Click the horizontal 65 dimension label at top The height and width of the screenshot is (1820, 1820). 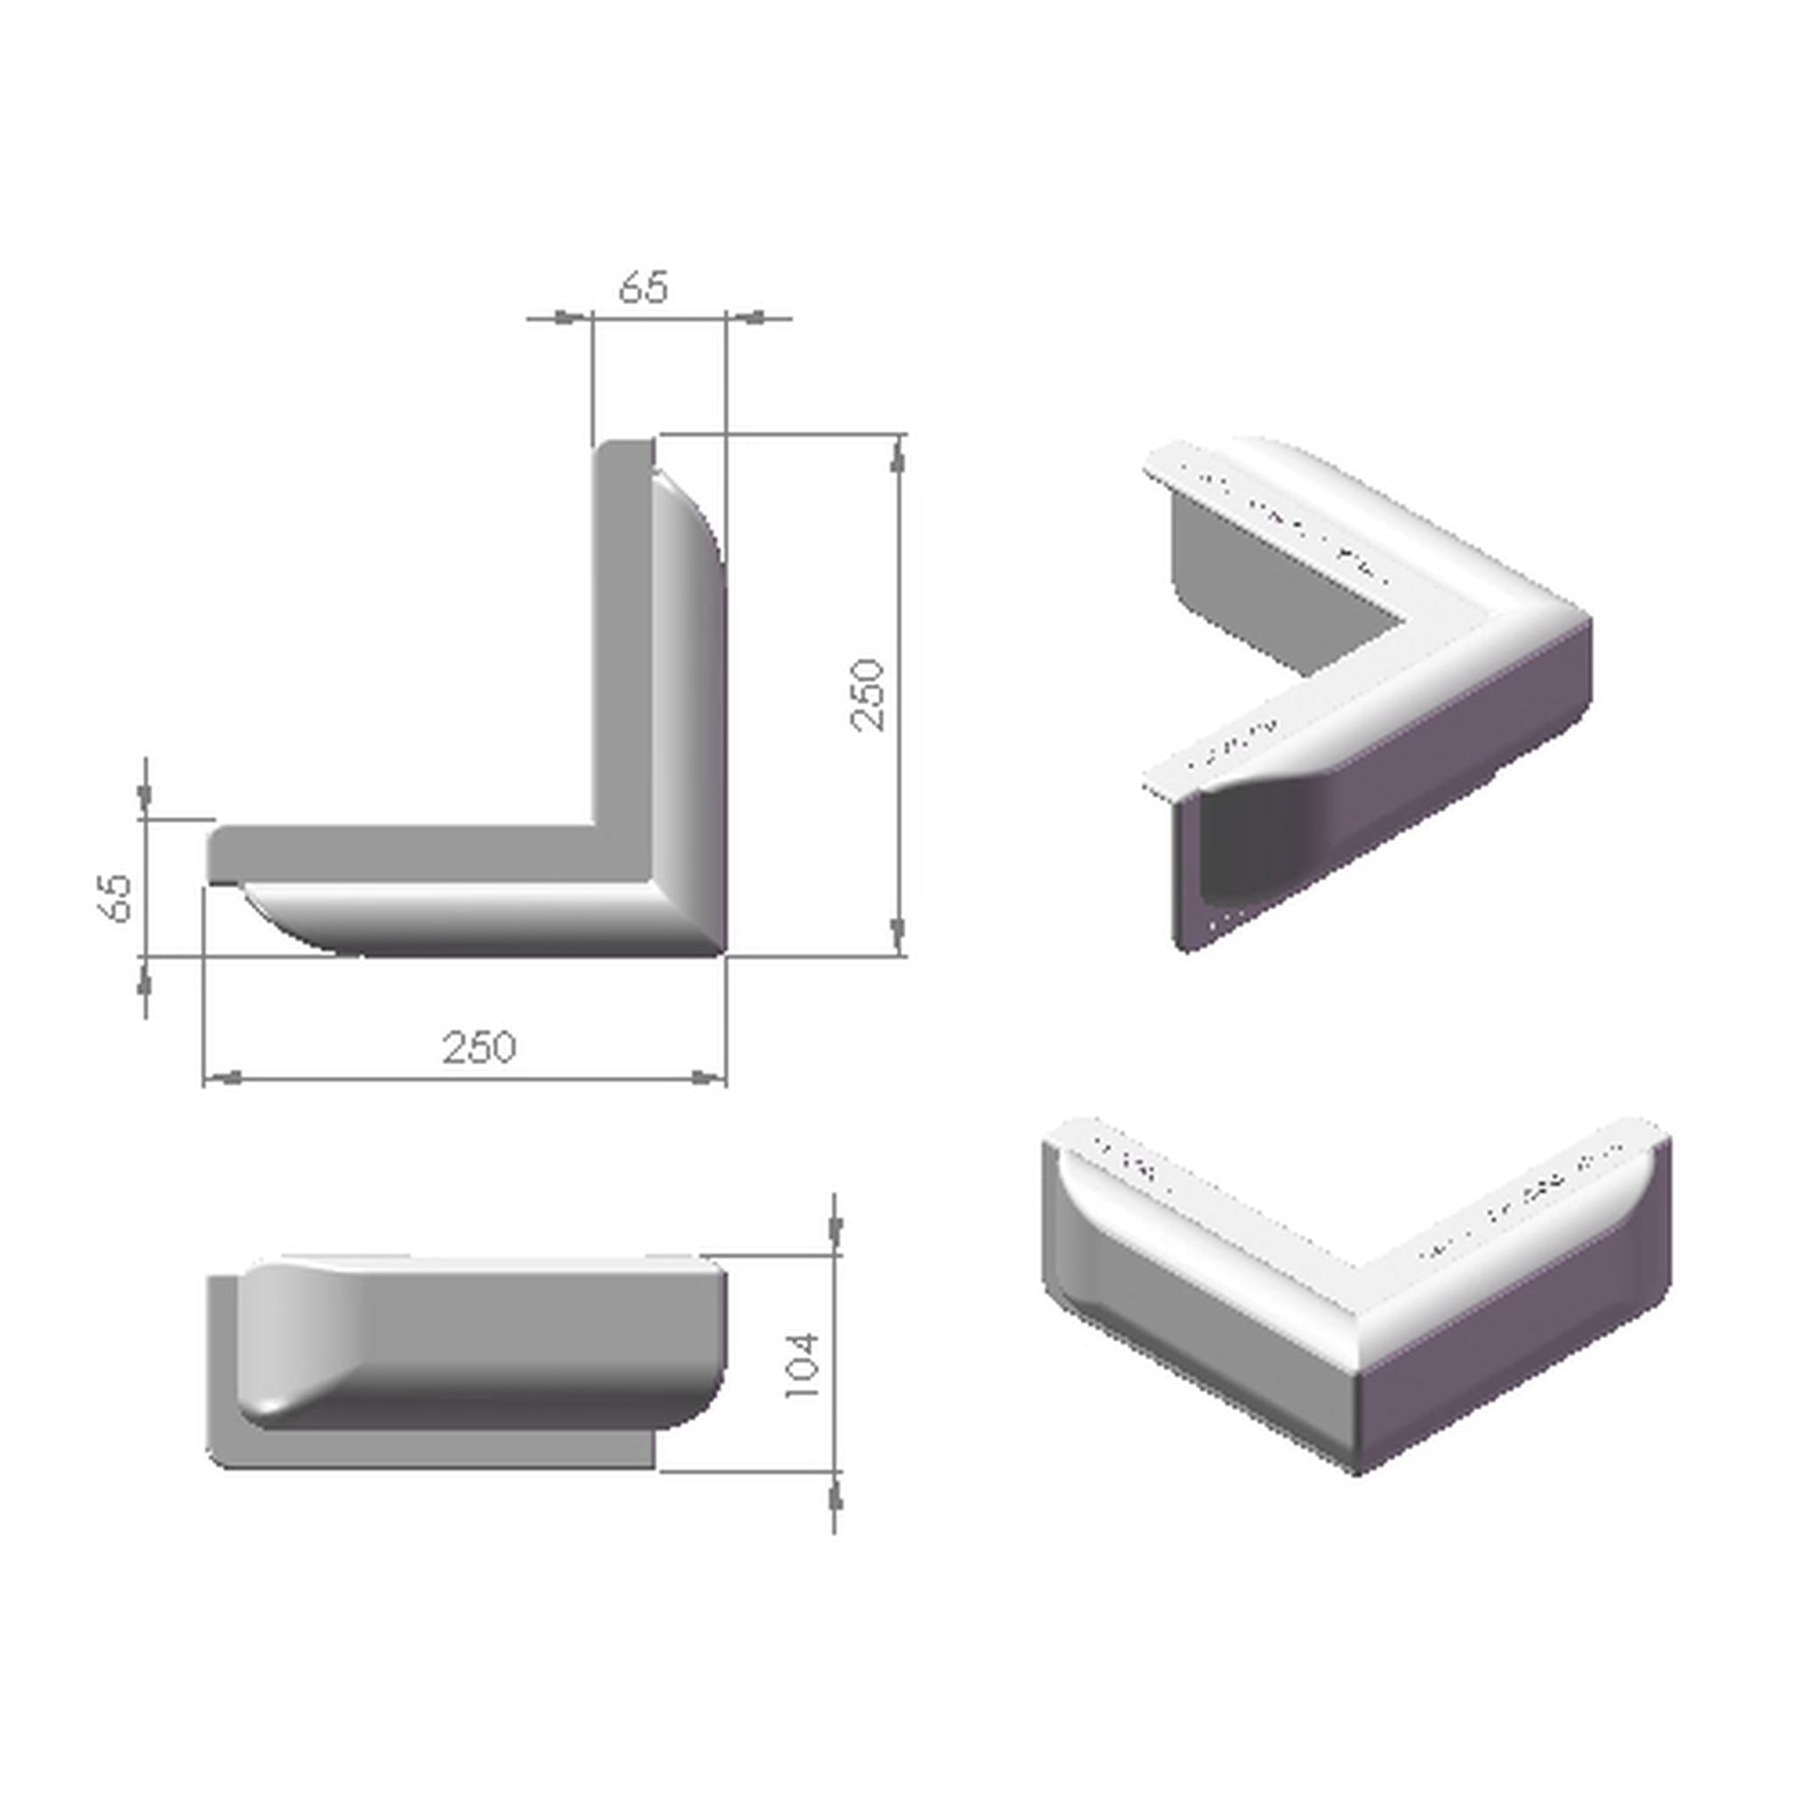[644, 286]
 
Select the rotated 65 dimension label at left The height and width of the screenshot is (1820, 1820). [116, 898]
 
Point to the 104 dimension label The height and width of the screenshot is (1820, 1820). [802, 1365]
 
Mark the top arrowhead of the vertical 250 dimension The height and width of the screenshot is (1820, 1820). [898, 459]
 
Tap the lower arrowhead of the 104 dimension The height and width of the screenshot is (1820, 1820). [834, 1497]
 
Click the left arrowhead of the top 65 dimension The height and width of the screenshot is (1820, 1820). [565, 317]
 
